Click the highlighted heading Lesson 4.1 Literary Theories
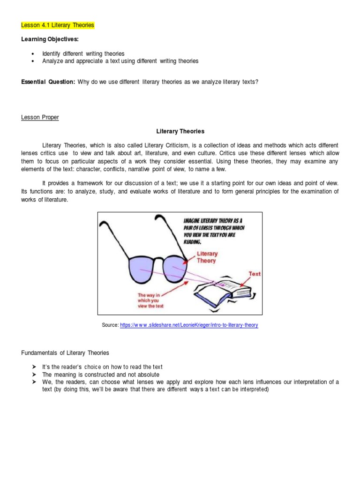point(58,25)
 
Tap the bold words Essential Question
point(48,82)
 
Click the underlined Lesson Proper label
point(40,117)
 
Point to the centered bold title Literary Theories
point(180,132)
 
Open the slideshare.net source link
point(189,325)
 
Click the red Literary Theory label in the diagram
point(207,257)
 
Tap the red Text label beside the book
point(255,274)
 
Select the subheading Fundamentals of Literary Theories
point(65,352)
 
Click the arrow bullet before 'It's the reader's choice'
point(34,367)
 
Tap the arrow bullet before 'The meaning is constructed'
point(34,375)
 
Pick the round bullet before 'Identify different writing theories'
point(32,54)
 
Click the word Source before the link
point(110,325)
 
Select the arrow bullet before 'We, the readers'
point(34,382)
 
